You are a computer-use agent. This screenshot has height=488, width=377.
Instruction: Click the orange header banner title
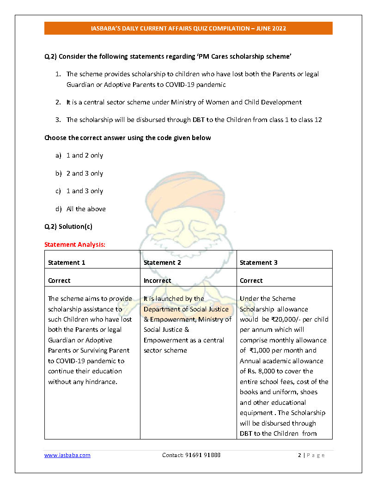point(188,28)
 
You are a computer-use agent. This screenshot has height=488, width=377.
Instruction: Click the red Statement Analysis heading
point(75,244)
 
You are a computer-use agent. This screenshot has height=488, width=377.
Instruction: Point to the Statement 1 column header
point(67,262)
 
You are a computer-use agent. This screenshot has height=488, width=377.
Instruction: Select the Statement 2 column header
point(162,262)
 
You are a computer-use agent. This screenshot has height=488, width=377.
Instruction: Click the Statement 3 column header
point(258,262)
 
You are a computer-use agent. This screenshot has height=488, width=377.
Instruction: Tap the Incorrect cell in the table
point(157,281)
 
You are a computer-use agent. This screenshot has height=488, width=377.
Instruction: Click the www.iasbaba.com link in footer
point(67,455)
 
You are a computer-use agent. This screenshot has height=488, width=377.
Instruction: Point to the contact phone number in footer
point(191,455)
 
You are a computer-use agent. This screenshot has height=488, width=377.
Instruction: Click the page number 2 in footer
point(299,455)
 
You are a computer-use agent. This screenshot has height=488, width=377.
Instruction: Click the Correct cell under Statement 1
point(59,281)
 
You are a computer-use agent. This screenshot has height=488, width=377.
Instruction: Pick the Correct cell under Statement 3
point(251,281)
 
